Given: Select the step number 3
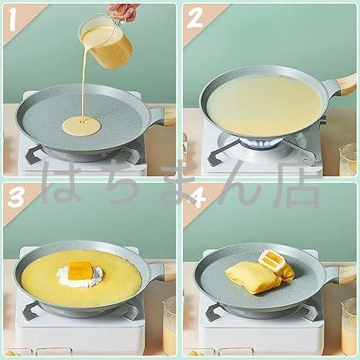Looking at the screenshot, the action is [16, 198].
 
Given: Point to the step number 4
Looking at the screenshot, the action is [198, 199].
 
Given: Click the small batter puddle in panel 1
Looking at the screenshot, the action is [81, 126].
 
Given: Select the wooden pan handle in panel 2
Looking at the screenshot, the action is [345, 83].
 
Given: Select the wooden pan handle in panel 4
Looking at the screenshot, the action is [347, 273].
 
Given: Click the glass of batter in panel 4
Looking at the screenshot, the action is [348, 327].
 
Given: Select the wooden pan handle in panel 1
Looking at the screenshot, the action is [170, 117].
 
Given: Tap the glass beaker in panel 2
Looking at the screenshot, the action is [348, 160].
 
